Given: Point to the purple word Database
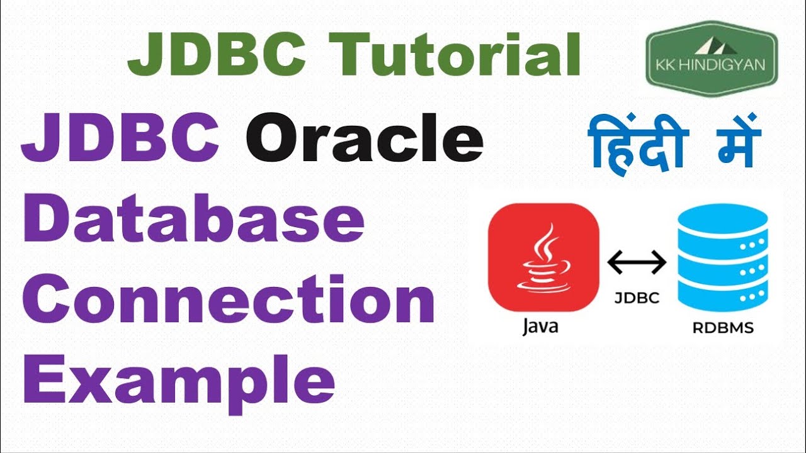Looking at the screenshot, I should tap(193, 221).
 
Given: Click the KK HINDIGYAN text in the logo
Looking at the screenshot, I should tap(712, 65).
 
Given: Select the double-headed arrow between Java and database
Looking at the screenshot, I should tap(637, 262).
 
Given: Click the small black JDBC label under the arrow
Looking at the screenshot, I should tap(637, 298).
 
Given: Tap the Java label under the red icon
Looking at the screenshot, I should tap(540, 327).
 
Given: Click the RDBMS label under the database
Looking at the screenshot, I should tap(722, 327).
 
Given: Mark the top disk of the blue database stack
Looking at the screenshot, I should tap(722, 220).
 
